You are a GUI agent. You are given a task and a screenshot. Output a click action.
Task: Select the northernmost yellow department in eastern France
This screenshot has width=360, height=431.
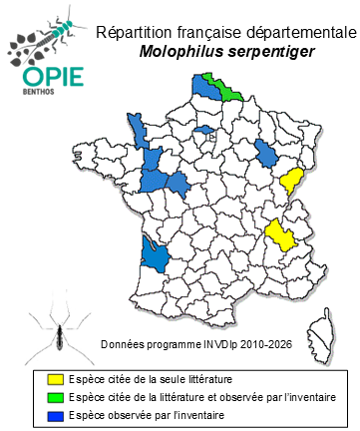pyautogui.click(x=293, y=181)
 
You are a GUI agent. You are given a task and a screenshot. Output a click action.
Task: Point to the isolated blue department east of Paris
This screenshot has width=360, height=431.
pyautogui.click(x=266, y=152)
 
